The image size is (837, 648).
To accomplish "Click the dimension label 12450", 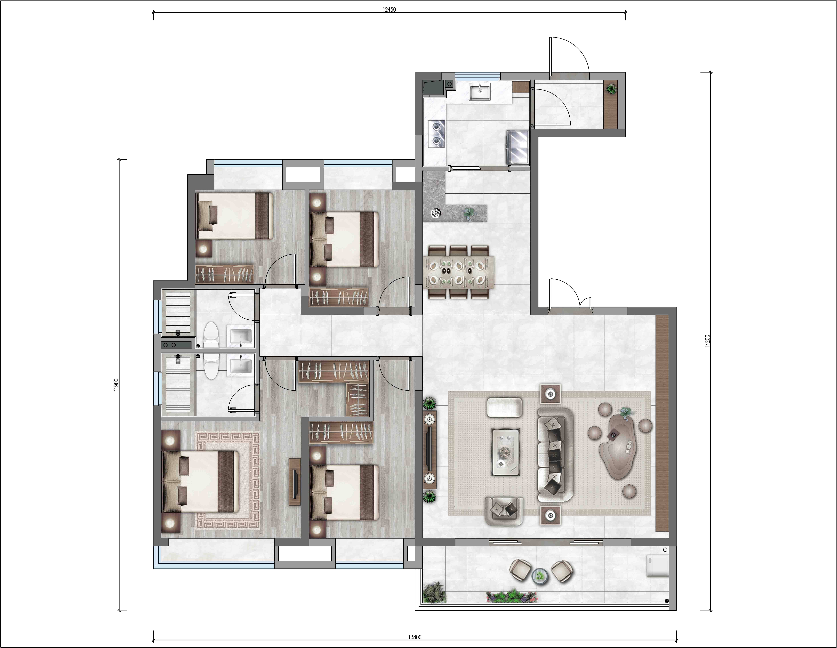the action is pos(389,10).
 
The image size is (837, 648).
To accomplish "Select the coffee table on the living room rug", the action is pos(506,452).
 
